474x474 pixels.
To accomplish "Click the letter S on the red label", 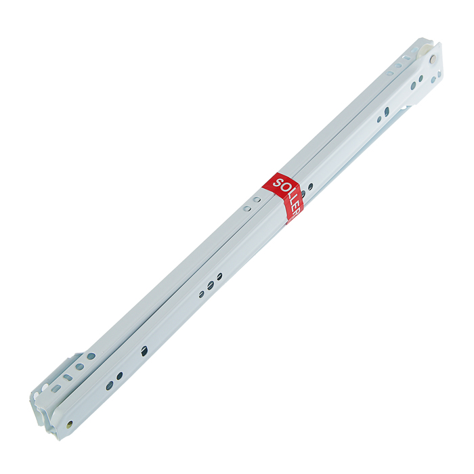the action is [277, 182].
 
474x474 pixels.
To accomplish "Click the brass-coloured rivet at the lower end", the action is [70, 423].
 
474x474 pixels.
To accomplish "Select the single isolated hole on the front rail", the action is [144, 351].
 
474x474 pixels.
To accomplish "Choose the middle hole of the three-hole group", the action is [211, 284].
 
